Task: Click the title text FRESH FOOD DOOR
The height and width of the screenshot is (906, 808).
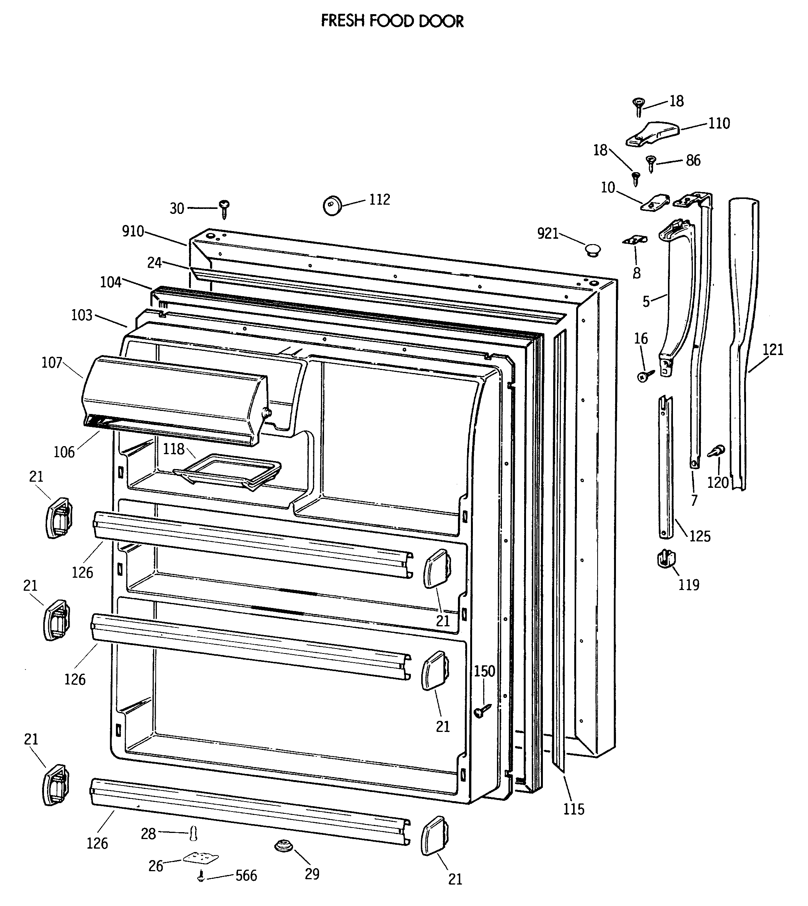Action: tap(392, 21)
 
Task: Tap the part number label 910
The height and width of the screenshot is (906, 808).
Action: tap(133, 231)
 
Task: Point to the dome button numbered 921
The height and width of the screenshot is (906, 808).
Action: tap(592, 249)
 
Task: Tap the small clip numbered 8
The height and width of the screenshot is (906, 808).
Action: tap(634, 240)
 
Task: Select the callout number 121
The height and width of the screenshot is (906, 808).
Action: tap(773, 350)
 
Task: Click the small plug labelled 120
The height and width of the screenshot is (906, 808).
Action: tap(716, 452)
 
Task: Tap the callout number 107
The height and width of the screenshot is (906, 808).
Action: tap(52, 363)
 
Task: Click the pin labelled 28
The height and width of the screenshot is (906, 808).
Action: tap(193, 833)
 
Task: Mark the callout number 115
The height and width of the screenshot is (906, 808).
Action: tap(573, 809)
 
